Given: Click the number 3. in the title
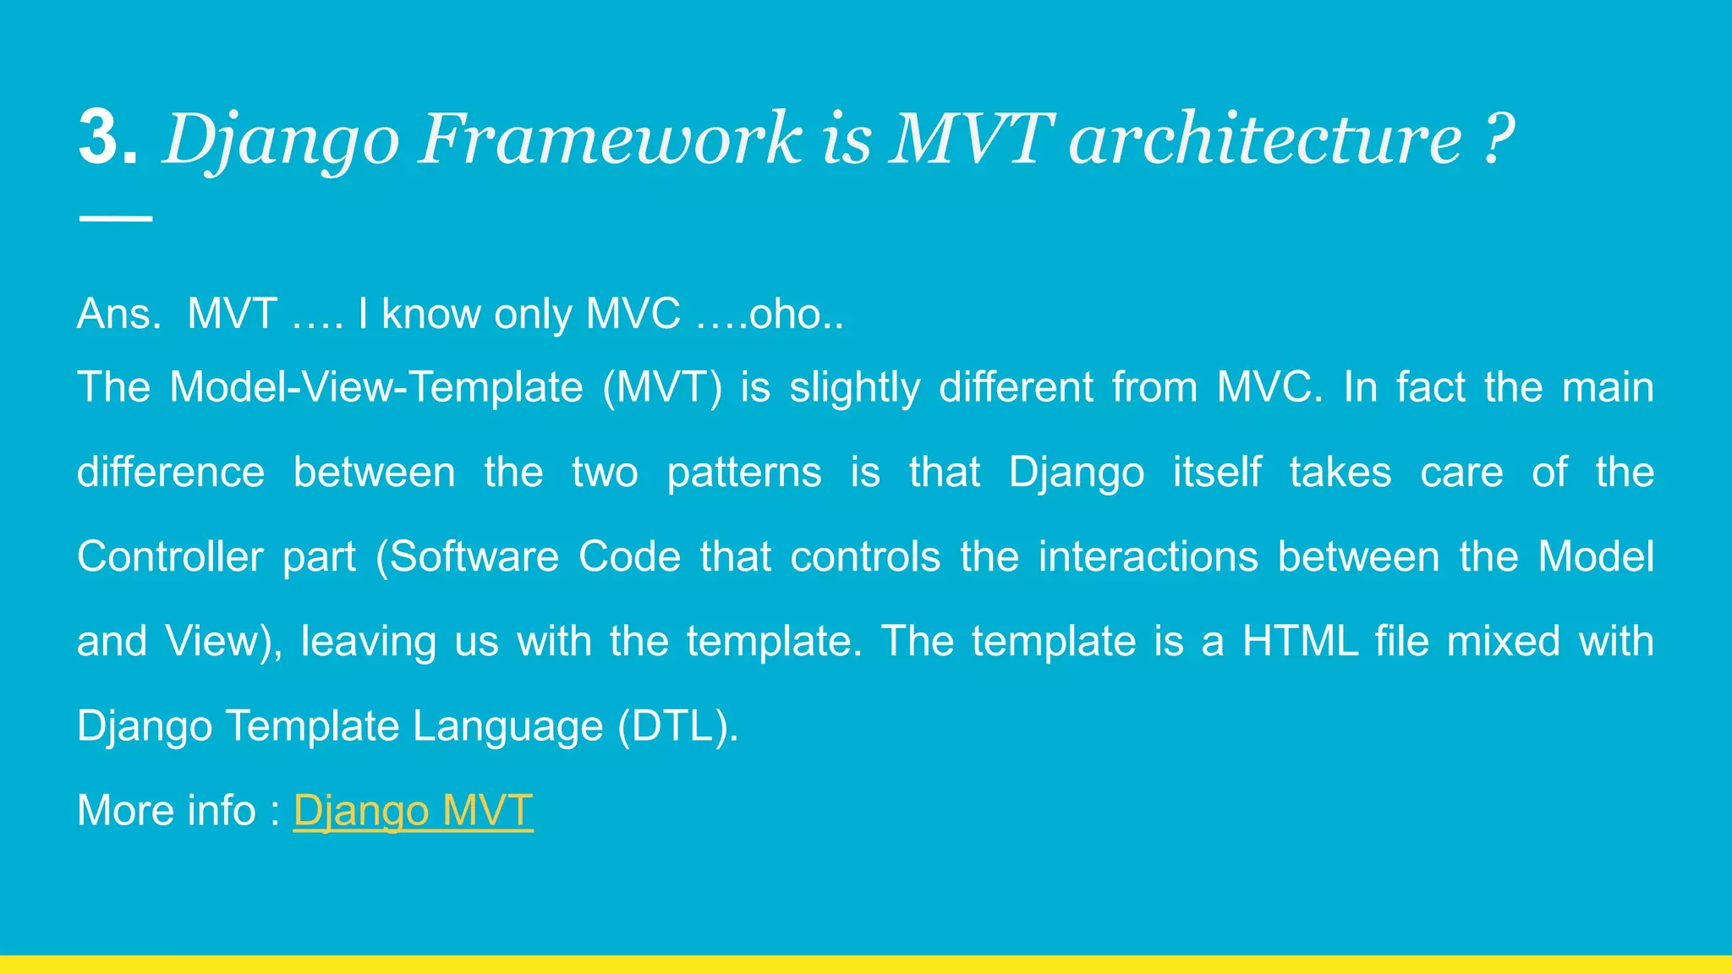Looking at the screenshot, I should click(x=108, y=138).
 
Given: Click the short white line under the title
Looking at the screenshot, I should click(x=116, y=218).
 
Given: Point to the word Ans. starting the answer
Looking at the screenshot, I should click(x=119, y=314).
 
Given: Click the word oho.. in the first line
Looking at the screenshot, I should click(x=796, y=314).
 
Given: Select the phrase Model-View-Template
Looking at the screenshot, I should click(x=376, y=387).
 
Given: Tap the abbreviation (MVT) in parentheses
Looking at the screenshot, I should click(x=662, y=387).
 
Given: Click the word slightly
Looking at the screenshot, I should click(x=854, y=387).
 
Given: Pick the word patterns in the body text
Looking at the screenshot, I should click(x=743, y=472).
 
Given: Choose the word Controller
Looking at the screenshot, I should click(x=170, y=556).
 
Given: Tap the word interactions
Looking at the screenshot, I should click(x=1148, y=556).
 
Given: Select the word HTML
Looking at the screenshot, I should click(x=1300, y=641).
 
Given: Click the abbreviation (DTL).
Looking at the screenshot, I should click(x=677, y=725).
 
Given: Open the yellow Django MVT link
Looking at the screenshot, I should click(x=413, y=810).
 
